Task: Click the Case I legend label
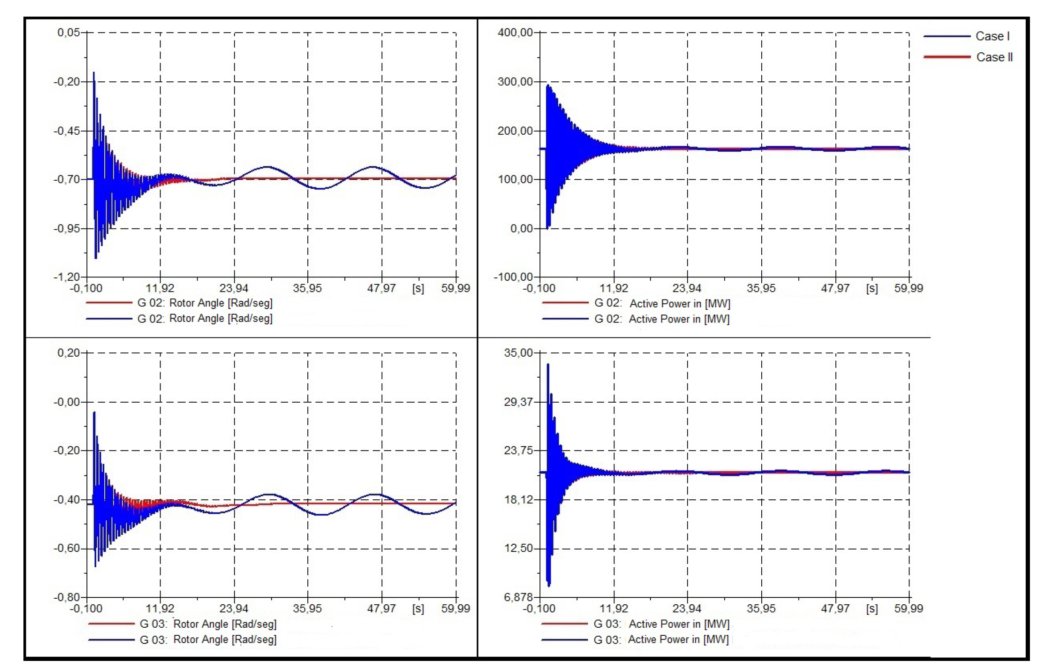point(992,36)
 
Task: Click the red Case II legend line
point(946,57)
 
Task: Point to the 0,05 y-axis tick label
point(69,32)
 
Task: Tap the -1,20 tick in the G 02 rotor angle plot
point(67,277)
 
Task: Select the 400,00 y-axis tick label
point(515,32)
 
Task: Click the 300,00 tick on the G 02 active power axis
point(515,81)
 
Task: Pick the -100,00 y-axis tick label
point(513,277)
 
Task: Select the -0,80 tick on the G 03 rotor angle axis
point(67,597)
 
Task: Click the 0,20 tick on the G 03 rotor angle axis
point(69,353)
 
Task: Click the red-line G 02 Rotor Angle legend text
point(205,303)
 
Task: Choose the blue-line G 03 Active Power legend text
point(661,639)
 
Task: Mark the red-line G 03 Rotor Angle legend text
point(208,624)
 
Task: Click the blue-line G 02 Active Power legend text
point(662,319)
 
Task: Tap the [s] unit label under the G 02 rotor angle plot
point(418,288)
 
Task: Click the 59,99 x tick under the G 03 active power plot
point(909,609)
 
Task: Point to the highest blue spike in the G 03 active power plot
point(548,365)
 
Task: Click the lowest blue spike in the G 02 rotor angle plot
point(95,258)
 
